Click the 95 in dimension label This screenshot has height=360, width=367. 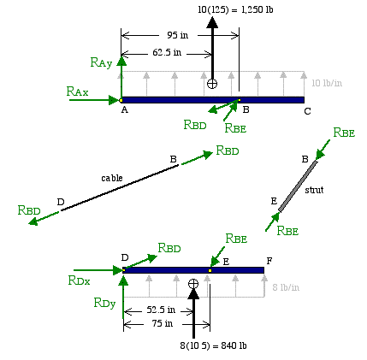177,35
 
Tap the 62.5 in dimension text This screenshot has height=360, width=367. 167,52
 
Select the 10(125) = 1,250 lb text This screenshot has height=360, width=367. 235,9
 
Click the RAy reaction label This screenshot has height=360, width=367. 101,62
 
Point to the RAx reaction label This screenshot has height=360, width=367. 77,91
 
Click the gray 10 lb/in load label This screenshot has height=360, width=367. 327,83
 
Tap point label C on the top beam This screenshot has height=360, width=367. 307,111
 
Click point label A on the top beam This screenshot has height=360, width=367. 125,109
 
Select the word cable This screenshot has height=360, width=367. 112,178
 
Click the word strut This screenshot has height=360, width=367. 314,190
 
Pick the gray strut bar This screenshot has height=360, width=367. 298,186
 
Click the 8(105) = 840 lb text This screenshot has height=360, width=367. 213,345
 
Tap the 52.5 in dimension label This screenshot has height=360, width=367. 161,310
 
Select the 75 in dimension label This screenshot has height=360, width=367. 163,323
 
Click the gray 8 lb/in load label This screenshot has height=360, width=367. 286,287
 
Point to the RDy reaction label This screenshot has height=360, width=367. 104,303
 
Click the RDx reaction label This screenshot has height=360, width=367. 79,280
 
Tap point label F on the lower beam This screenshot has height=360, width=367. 269,261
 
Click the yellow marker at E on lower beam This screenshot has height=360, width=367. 210,270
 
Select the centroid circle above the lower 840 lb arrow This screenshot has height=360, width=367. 193,284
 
